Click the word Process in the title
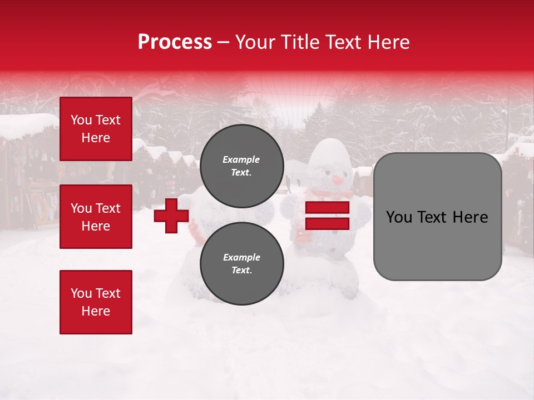175,42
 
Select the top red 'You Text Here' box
96,129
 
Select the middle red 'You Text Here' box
96,217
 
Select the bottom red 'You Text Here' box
96,302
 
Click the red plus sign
171,216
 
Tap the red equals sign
328,216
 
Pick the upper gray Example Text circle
241,166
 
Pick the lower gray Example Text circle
241,264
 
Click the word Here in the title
389,42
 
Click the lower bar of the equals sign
328,223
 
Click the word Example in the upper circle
241,159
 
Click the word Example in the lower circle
241,257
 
